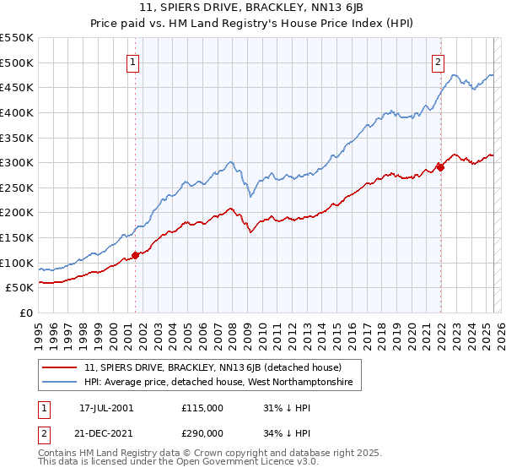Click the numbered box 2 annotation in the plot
click(439, 61)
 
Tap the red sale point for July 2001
click(136, 255)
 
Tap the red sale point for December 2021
click(440, 167)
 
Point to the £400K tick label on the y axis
click(17, 112)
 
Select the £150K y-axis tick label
click(17, 237)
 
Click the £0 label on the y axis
click(26, 313)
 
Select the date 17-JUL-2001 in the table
click(106, 408)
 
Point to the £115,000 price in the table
click(202, 408)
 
